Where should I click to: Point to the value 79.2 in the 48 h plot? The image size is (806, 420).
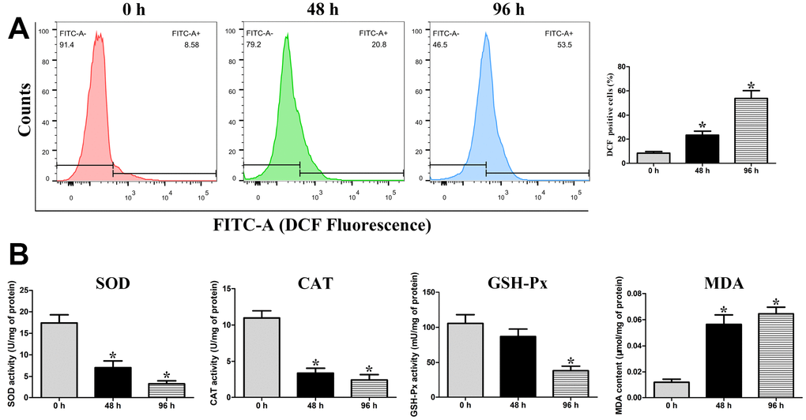pos(255,47)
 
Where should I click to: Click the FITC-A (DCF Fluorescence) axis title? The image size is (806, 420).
pos(322,226)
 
